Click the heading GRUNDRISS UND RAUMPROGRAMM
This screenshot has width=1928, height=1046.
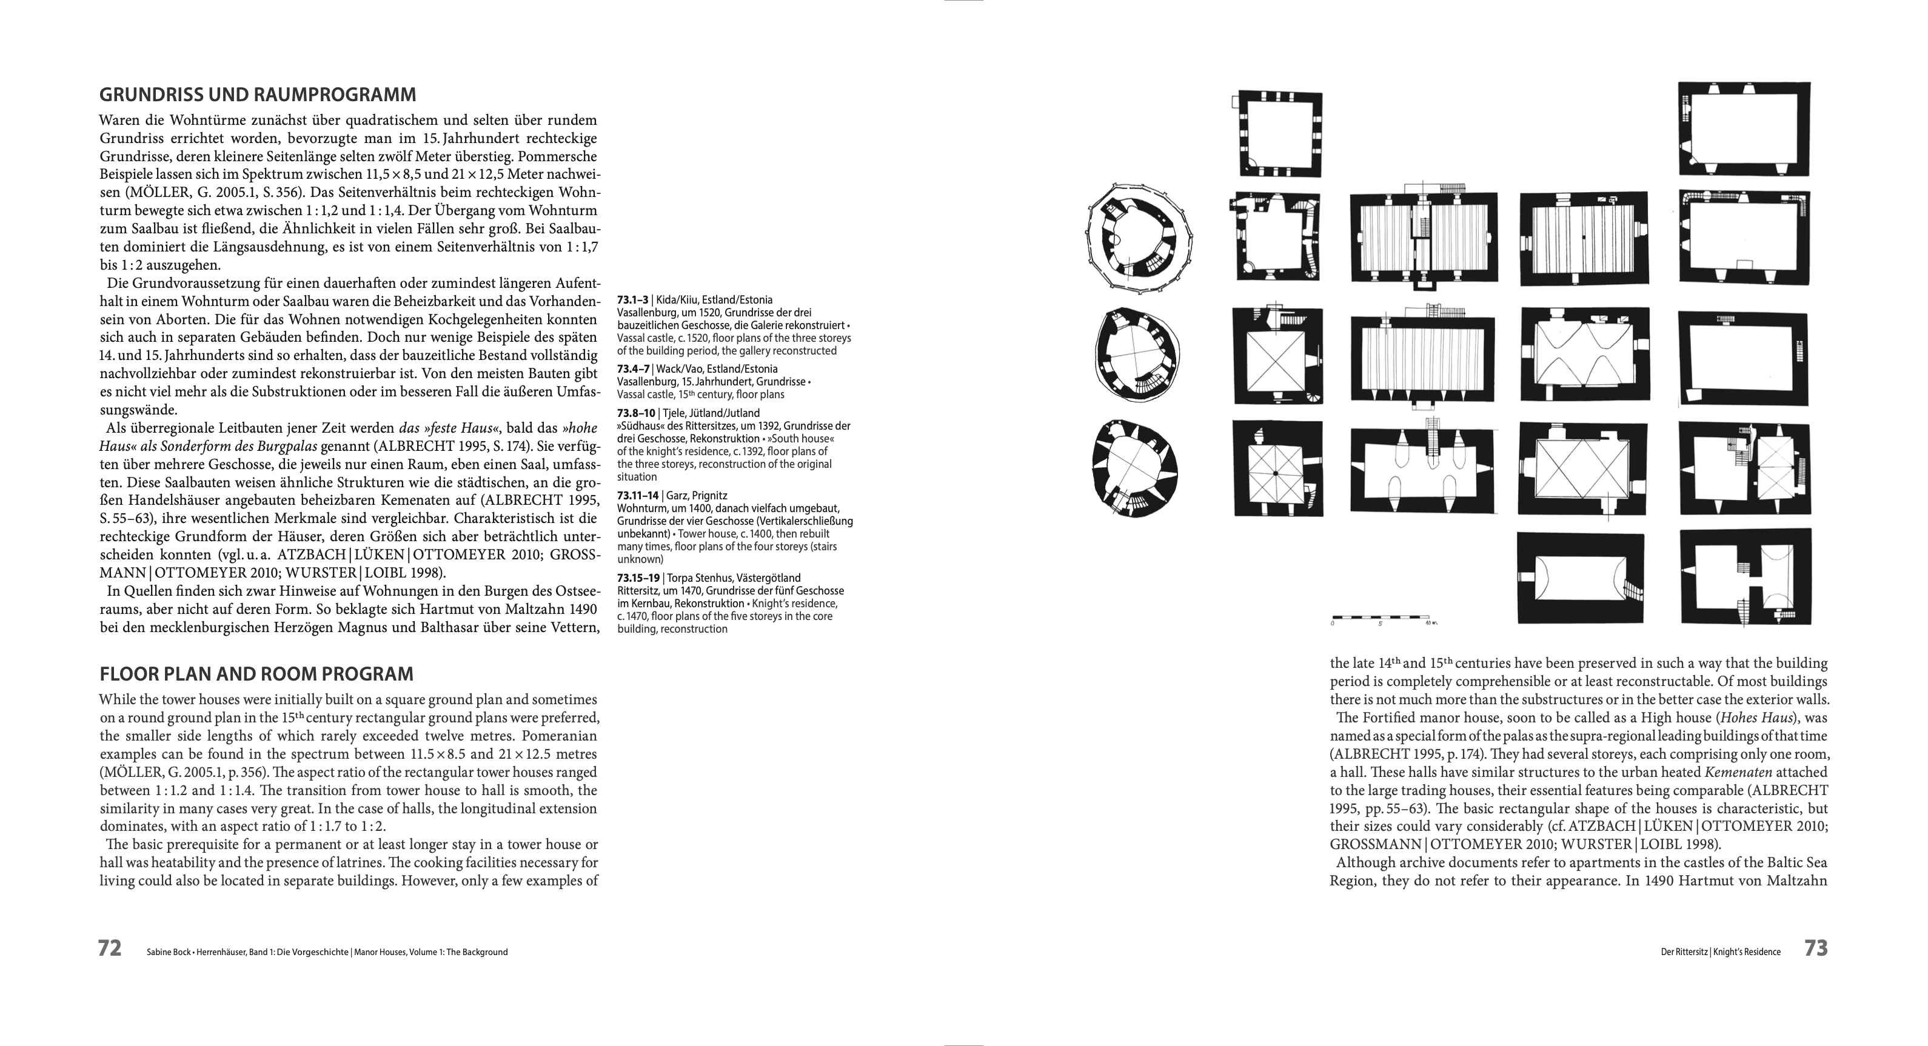tap(258, 95)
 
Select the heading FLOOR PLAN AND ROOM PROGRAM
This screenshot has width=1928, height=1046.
tap(256, 674)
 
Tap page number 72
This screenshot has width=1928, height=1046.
tap(109, 948)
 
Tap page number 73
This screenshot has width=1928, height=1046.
tap(1816, 948)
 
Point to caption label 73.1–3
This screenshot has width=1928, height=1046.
tap(633, 300)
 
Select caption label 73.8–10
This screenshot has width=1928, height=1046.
tap(635, 413)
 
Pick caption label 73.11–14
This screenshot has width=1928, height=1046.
tap(638, 495)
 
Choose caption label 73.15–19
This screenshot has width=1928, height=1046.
tap(638, 578)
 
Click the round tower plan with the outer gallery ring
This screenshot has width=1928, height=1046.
tap(1139, 244)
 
